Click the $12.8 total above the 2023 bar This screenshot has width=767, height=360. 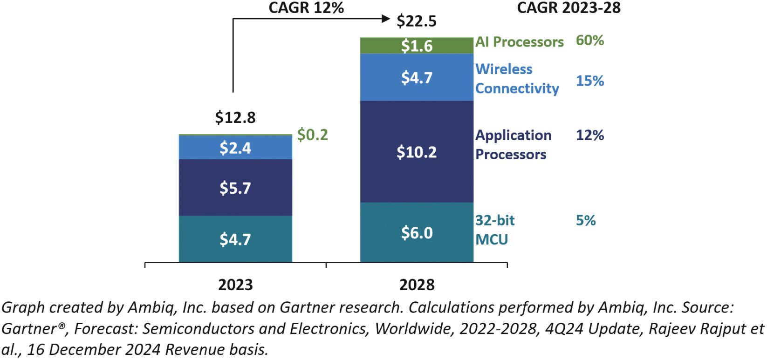[235, 118]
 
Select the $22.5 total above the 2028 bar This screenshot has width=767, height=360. [416, 21]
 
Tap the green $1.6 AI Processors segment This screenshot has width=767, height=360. [417, 46]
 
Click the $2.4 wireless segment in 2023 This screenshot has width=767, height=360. [235, 148]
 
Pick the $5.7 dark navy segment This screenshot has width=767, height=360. [235, 188]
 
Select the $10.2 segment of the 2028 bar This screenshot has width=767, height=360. [417, 152]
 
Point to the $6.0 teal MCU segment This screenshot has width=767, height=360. [417, 232]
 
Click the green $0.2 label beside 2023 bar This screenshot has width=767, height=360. [313, 135]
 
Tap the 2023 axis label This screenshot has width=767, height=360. [235, 285]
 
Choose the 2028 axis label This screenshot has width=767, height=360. [417, 285]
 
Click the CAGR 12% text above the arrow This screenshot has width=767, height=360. [306, 7]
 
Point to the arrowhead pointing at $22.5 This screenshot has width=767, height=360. [386, 19]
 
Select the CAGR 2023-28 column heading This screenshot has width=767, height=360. [568, 7]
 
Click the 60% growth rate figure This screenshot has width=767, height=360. [589, 41]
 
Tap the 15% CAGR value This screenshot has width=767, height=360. [589, 81]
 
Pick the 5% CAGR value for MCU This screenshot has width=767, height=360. [585, 220]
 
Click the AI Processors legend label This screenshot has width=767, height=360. [519, 42]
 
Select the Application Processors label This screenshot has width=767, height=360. [513, 144]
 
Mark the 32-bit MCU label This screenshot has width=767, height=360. [494, 230]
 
